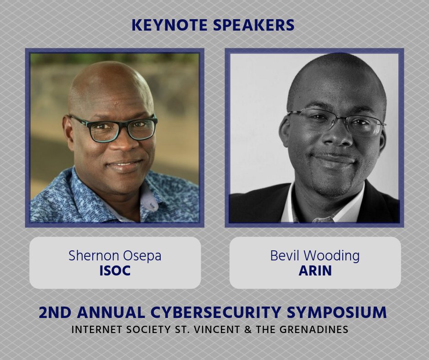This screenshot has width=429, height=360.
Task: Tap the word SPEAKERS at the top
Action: click(x=254, y=25)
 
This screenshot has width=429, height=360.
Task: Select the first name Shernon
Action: click(x=93, y=255)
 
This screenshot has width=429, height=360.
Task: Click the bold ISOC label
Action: click(x=115, y=270)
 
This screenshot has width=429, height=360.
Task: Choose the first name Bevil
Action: click(x=285, y=255)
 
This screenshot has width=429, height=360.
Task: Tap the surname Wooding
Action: click(x=333, y=256)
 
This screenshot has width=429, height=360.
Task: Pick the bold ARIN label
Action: click(x=315, y=270)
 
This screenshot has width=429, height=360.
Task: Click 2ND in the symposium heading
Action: click(x=55, y=312)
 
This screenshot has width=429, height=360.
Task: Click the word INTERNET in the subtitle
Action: click(x=94, y=329)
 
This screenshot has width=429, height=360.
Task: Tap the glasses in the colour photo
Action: click(x=114, y=127)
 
